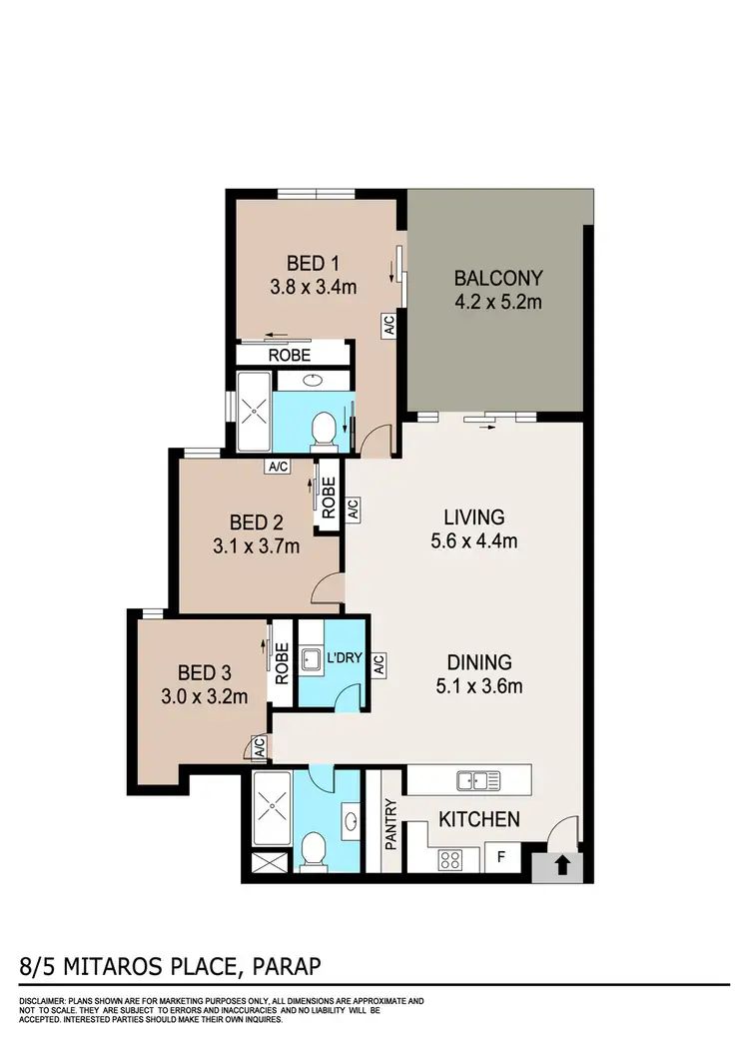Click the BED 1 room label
[x=314, y=264]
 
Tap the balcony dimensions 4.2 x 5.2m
[x=497, y=302]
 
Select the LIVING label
[x=474, y=518]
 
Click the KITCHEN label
[x=479, y=820]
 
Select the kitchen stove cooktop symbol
[x=450, y=859]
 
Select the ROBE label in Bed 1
[x=290, y=355]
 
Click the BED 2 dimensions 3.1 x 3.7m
[x=257, y=546]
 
